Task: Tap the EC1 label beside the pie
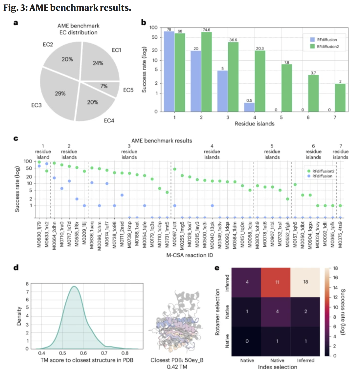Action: tap(116, 50)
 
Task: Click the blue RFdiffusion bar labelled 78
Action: tap(169, 71)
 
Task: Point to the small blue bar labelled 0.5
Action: tap(250, 107)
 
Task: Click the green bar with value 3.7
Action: tap(314, 93)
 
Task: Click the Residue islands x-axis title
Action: tap(255, 123)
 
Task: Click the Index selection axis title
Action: tap(277, 367)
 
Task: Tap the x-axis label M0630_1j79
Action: tap(39, 236)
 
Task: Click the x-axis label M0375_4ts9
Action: tap(340, 236)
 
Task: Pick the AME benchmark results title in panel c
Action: tap(162, 140)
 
